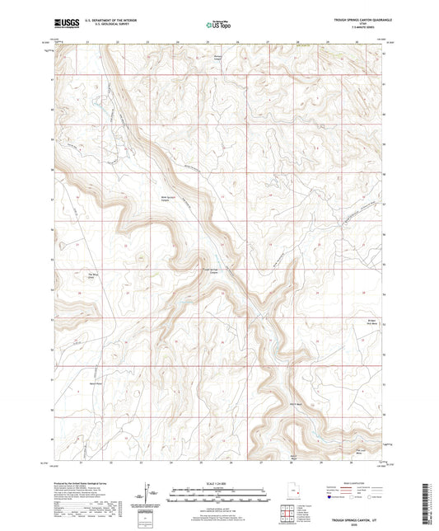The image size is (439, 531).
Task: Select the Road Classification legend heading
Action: click(349, 484)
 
